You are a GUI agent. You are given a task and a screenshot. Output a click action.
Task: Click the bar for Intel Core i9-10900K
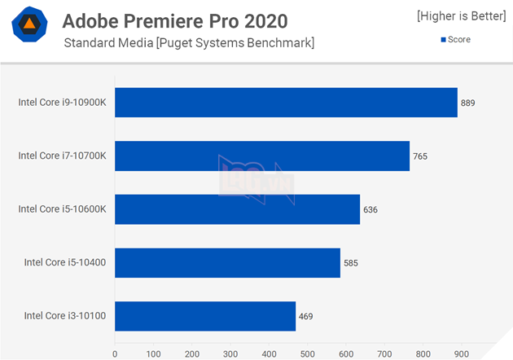pos(286,103)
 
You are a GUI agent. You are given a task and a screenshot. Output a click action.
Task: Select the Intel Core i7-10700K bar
pos(261,156)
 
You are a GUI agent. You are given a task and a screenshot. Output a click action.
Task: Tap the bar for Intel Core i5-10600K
pos(237,209)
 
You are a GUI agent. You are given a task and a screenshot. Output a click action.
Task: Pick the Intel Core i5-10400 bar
pos(227,262)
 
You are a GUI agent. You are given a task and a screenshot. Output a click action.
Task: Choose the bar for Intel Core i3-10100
pos(205,316)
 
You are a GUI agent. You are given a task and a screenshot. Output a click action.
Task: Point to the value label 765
pos(420,156)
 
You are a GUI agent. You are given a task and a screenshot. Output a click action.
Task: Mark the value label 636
pos(370,209)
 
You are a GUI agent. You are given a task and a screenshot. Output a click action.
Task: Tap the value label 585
pos(351,262)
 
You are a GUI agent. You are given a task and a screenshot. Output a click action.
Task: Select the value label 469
pos(305,316)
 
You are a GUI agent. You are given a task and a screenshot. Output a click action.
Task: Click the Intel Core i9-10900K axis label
pos(63,103)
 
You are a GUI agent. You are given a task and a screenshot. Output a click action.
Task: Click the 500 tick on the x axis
pos(307,353)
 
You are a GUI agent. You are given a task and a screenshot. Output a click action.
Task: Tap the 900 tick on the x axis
pos(462,353)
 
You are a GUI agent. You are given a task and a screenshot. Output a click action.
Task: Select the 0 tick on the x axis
pos(115,353)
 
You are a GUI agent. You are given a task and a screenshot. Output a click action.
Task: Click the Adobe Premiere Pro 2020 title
pos(175,20)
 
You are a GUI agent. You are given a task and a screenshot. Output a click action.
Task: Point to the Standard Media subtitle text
pos(189,42)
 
